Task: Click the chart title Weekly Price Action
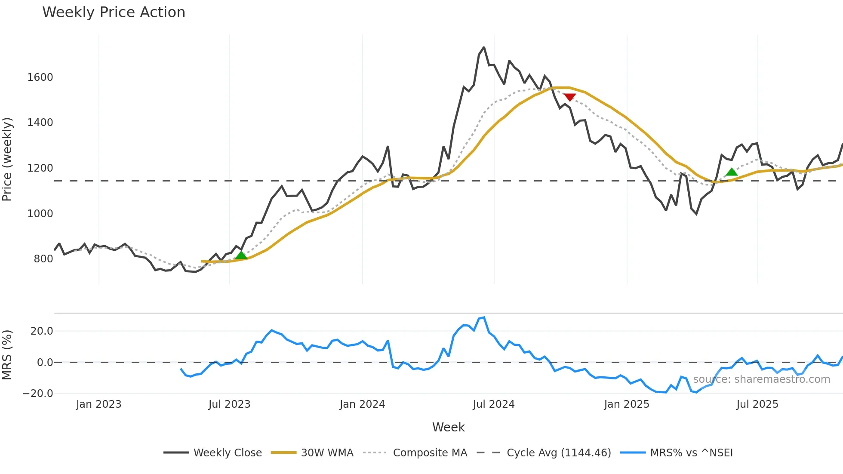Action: (x=114, y=12)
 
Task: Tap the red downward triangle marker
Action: (x=569, y=97)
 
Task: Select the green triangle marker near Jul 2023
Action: (x=241, y=255)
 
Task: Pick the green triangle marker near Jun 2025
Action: (x=732, y=172)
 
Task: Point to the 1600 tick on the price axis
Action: (x=40, y=77)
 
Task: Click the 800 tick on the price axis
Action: (x=43, y=259)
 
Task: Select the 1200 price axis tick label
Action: (x=40, y=168)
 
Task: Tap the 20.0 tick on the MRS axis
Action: (x=42, y=331)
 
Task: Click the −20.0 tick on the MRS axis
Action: (x=38, y=394)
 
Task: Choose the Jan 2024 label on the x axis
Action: (x=362, y=404)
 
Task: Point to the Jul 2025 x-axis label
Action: (x=757, y=404)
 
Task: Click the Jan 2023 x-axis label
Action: (x=98, y=404)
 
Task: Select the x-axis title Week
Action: (x=448, y=427)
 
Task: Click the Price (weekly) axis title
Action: (x=7, y=159)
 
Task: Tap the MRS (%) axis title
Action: (x=7, y=355)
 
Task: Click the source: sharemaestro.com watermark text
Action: (x=761, y=379)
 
